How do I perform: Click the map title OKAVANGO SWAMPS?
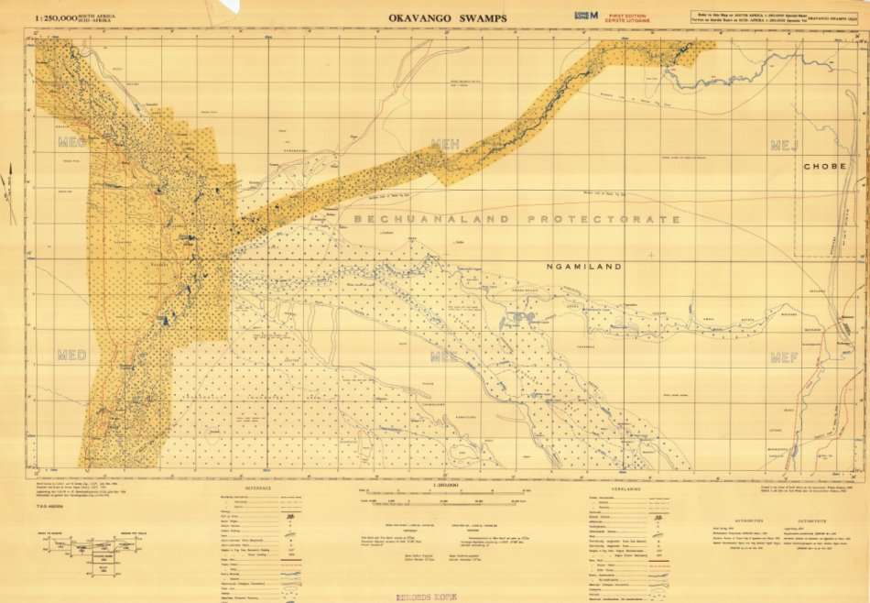447,16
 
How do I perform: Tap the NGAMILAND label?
583,267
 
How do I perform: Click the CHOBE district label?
824,166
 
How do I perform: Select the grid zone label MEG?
71,142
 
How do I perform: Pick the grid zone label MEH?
444,143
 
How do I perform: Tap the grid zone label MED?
71,356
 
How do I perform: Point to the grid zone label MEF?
785,357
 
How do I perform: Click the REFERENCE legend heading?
258,490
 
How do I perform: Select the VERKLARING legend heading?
608,490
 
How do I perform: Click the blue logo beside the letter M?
579,15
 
